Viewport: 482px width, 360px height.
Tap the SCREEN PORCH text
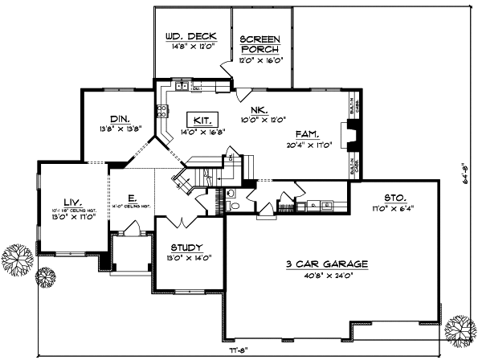(259, 42)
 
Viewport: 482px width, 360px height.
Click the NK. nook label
(259, 111)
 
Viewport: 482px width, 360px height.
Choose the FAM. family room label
(308, 135)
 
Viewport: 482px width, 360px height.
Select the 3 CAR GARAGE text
(326, 264)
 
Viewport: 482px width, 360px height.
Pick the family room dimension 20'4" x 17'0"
(309, 146)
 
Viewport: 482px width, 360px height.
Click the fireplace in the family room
(346, 135)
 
